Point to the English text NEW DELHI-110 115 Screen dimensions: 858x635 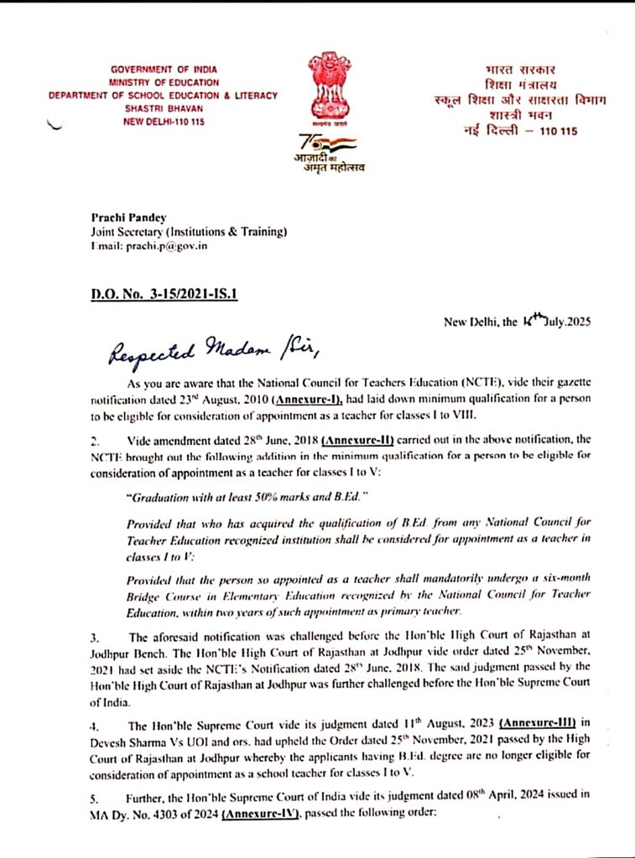pyautogui.click(x=163, y=121)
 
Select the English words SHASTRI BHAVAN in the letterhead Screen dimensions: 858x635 pyautogui.click(x=163, y=108)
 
